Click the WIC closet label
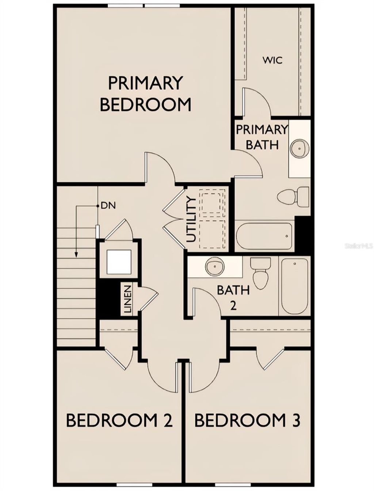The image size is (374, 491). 272,60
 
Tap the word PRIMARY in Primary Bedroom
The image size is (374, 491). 145,83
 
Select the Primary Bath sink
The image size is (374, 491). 300,148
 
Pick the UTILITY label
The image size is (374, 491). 191,219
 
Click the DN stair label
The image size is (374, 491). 108,206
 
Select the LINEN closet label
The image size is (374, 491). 127,300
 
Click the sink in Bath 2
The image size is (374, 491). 214,266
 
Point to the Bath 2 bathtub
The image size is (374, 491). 295,286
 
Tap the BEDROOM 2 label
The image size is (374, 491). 119,420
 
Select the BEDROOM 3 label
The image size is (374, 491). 247,420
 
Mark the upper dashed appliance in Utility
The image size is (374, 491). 212,204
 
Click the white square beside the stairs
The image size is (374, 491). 118,262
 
